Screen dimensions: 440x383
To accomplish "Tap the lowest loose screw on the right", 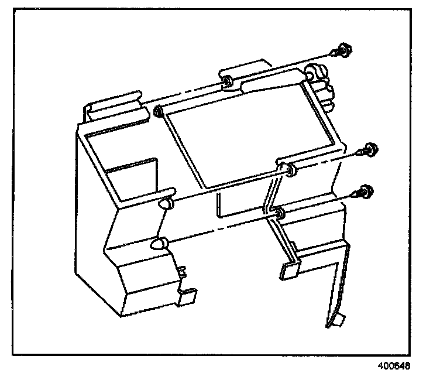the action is pyautogui.click(x=366, y=192).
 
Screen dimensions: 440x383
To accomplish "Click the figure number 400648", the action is pyautogui.click(x=394, y=367).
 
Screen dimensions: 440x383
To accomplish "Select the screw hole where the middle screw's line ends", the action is pyautogui.click(x=291, y=170).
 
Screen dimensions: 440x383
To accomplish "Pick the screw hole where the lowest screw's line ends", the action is pyautogui.click(x=280, y=212).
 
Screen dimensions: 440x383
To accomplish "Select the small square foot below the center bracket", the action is pyautogui.click(x=289, y=268).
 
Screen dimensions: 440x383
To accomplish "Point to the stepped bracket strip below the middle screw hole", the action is pyautogui.click(x=270, y=199).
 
